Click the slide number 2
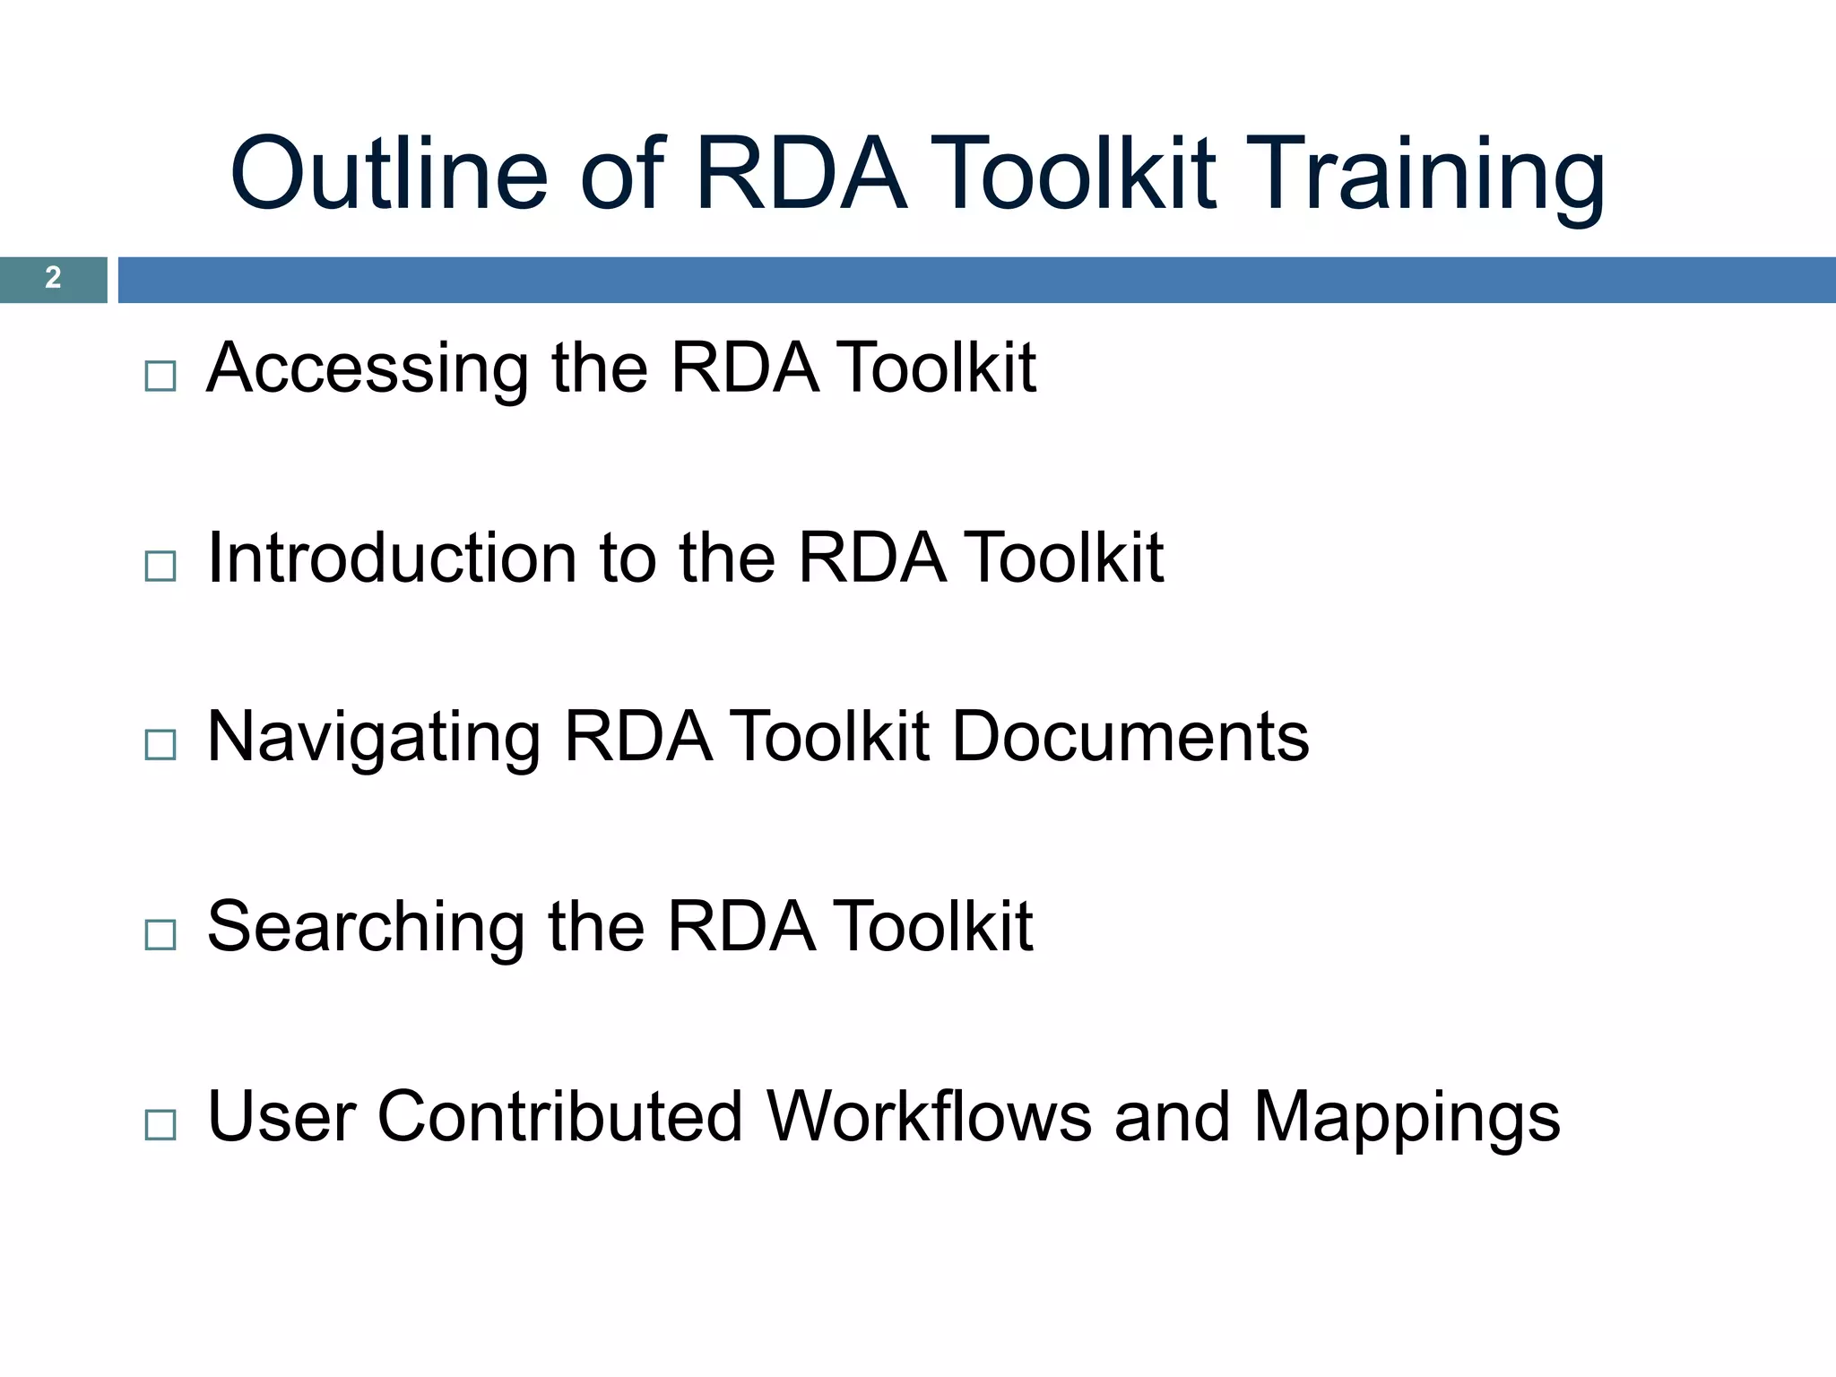click(x=53, y=278)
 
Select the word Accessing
click(x=367, y=368)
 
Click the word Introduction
click(x=393, y=559)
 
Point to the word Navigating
click(x=373, y=738)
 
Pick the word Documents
click(x=1130, y=738)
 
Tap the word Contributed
click(x=560, y=1117)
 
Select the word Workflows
click(x=929, y=1117)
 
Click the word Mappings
click(x=1406, y=1119)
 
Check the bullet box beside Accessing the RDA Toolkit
click(x=160, y=377)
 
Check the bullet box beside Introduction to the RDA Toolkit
click(x=160, y=567)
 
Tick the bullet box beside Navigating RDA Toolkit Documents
click(x=160, y=745)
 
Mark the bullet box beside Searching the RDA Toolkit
click(x=160, y=935)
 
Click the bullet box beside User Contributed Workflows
click(x=160, y=1125)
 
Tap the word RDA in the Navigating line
click(x=638, y=738)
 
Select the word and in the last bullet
click(x=1172, y=1117)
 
